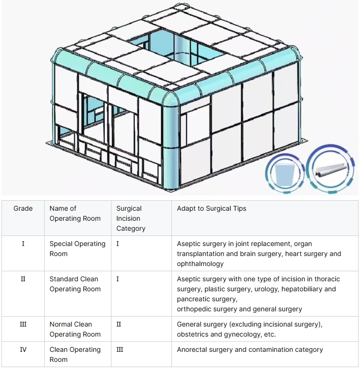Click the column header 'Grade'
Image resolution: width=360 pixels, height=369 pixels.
click(23, 208)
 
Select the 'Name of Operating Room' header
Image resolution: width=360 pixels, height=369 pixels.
click(75, 214)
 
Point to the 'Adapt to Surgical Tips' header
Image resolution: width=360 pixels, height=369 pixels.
click(211, 208)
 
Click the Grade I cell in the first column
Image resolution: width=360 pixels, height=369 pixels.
click(23, 244)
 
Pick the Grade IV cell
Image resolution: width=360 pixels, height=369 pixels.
click(23, 349)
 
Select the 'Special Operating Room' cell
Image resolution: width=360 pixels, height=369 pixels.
click(77, 249)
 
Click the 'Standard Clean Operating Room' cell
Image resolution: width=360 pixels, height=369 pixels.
click(75, 284)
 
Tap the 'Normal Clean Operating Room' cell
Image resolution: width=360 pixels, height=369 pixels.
click(75, 329)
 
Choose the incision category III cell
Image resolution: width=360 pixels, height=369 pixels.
click(120, 349)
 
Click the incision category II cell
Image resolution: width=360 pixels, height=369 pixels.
click(119, 324)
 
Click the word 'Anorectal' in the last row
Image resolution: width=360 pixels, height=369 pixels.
click(193, 349)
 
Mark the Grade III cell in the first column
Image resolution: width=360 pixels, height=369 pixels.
click(23, 324)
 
